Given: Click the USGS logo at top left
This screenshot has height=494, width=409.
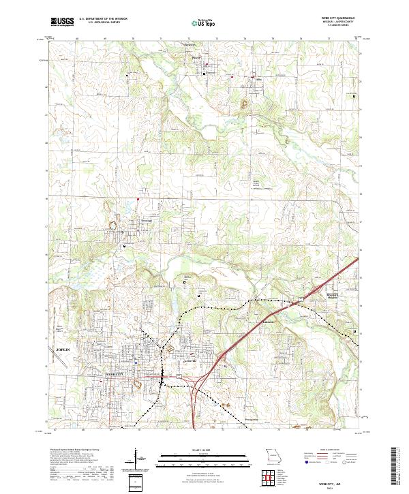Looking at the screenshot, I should (x=62, y=22).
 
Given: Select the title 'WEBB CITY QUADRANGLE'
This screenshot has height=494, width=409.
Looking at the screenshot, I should (x=332, y=18).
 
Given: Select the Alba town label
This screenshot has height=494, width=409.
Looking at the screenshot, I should (x=258, y=79).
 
